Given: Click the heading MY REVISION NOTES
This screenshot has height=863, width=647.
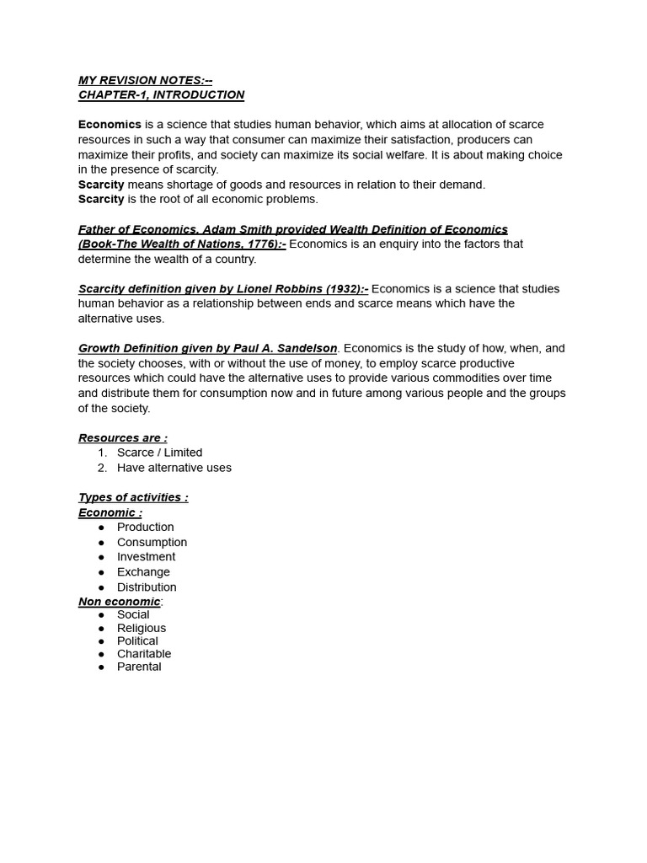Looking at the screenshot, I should [145, 80].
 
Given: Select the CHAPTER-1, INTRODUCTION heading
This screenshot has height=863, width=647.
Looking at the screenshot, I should [161, 94].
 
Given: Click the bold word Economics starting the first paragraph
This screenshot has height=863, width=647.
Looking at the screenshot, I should [110, 125].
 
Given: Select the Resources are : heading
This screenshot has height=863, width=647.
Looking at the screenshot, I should [122, 437].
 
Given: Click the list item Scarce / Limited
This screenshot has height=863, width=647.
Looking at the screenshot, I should [159, 453].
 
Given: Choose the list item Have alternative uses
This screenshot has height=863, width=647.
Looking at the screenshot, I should [174, 468].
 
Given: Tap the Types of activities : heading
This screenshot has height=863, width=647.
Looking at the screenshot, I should [133, 497].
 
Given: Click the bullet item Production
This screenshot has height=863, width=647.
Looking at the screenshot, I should [145, 527].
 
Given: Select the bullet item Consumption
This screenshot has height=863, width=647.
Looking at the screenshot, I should [152, 542].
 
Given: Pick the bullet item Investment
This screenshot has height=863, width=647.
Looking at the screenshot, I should [146, 557].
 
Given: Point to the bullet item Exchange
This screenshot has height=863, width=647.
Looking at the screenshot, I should [142, 572].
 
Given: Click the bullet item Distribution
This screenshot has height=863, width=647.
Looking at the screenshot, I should [147, 587].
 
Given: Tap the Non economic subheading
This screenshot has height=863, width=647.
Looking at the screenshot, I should [119, 601].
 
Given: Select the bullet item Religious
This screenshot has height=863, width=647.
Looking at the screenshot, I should [142, 628].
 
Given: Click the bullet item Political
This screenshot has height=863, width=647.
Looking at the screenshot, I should [137, 641].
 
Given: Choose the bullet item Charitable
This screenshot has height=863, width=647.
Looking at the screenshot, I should [144, 653].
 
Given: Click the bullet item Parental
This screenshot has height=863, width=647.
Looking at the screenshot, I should [139, 667].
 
